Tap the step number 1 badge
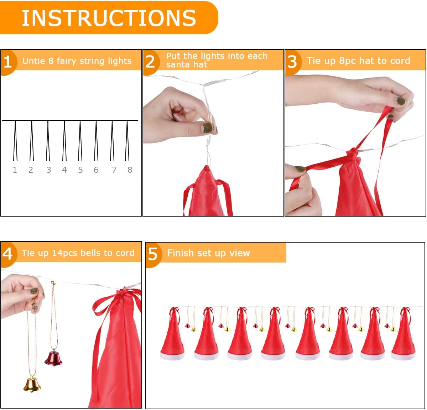[7, 62]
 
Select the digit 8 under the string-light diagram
[130, 170]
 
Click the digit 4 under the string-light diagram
[64, 170]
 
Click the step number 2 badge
[150, 62]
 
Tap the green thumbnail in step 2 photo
[207, 128]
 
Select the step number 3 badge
[292, 62]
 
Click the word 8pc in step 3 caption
[348, 61]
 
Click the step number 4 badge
[7, 254]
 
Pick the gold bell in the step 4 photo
[32, 384]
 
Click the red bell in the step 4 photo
[53, 358]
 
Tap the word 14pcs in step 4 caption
[65, 253]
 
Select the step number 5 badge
[153, 254]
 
